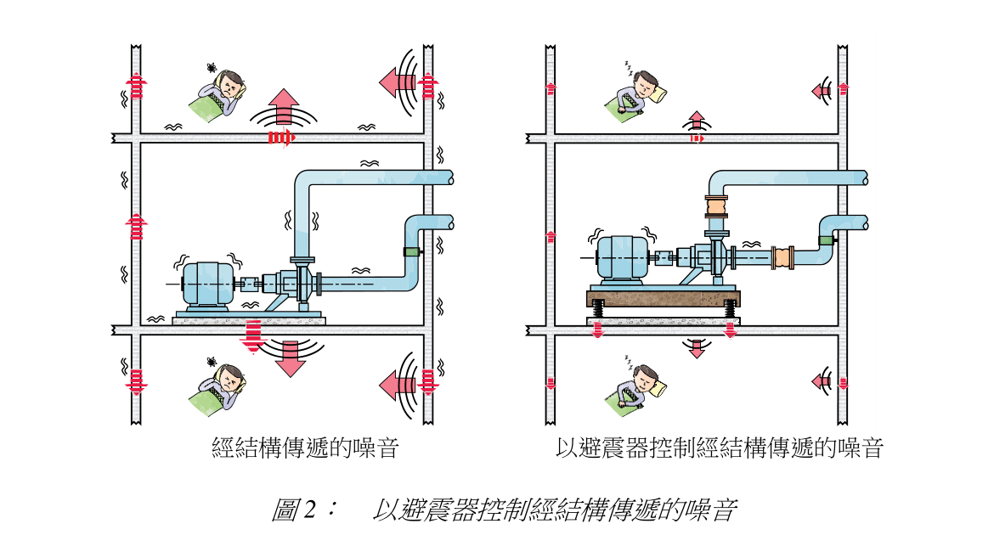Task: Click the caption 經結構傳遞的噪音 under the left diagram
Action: click(x=305, y=448)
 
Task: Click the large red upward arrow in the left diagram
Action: click(x=285, y=106)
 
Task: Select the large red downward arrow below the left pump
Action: click(x=291, y=358)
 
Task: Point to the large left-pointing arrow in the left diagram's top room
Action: click(x=395, y=82)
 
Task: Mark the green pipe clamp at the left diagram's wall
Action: click(x=411, y=251)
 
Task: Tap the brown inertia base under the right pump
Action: click(x=664, y=298)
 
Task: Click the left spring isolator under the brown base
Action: click(x=598, y=312)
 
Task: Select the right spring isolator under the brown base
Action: click(x=728, y=312)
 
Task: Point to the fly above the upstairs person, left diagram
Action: click(x=211, y=66)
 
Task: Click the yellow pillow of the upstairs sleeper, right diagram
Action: click(x=657, y=93)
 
